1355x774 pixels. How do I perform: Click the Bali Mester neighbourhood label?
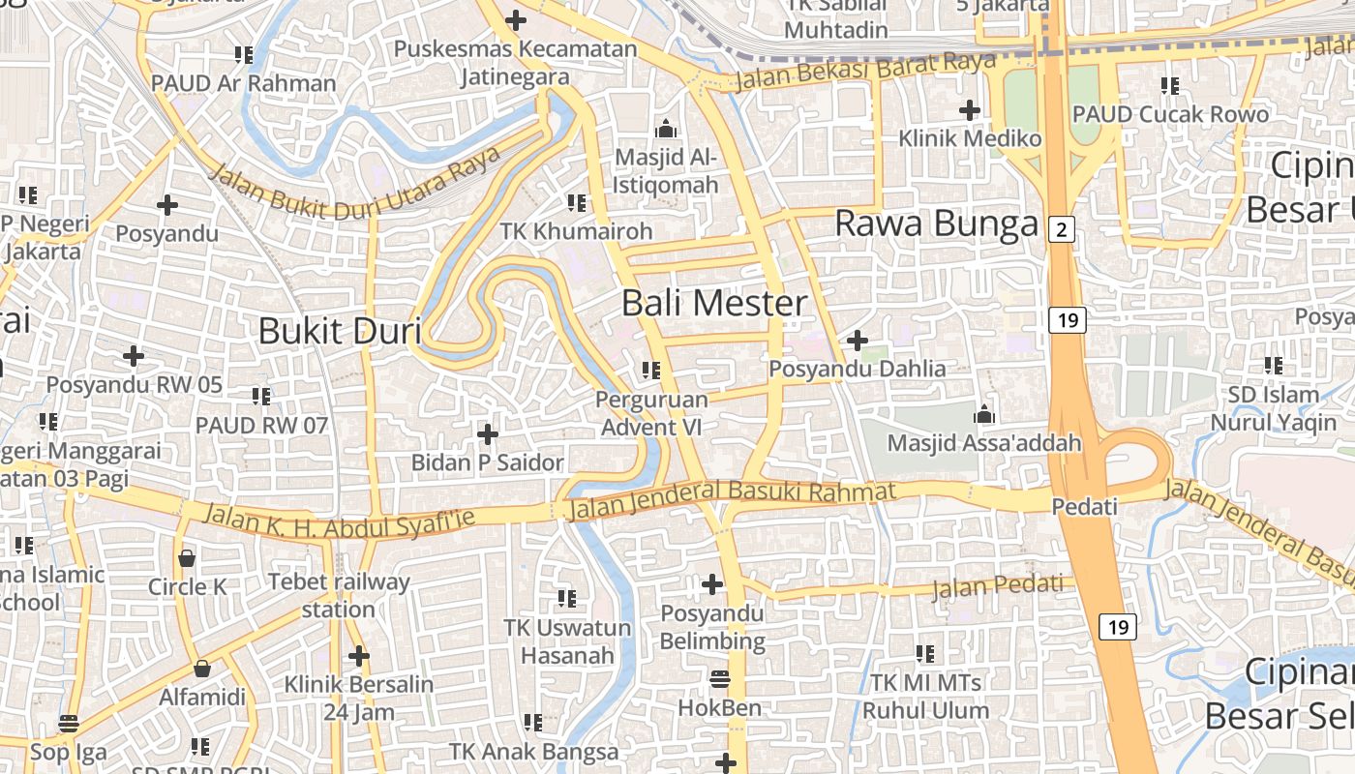pyautogui.click(x=714, y=303)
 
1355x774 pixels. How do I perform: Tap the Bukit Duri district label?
pyautogui.click(x=339, y=331)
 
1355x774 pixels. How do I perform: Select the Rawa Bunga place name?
pyautogui.click(x=936, y=223)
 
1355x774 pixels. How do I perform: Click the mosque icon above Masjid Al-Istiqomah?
pyautogui.click(x=666, y=129)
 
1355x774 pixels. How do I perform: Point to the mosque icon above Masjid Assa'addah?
pyautogui.click(x=984, y=415)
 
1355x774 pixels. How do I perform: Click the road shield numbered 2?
pyautogui.click(x=1062, y=229)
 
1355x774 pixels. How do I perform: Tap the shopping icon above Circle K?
pyautogui.click(x=187, y=557)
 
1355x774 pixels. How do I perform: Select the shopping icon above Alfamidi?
pyautogui.click(x=202, y=669)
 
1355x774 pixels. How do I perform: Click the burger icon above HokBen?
pyautogui.click(x=719, y=678)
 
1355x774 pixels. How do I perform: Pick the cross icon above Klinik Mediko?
pyautogui.click(x=969, y=109)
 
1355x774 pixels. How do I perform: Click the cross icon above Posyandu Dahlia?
pyautogui.click(x=857, y=341)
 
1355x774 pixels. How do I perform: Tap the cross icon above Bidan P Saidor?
pyautogui.click(x=488, y=433)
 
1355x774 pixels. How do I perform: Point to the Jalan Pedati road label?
pyautogui.click(x=997, y=586)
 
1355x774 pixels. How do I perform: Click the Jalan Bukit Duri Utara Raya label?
pyautogui.click(x=354, y=182)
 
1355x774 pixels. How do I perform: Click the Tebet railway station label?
pyautogui.click(x=338, y=595)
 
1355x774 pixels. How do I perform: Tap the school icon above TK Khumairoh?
pyautogui.click(x=577, y=202)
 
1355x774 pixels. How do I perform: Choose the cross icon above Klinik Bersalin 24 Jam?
pyautogui.click(x=358, y=656)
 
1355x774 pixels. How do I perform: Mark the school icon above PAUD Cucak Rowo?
pyautogui.click(x=1169, y=86)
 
